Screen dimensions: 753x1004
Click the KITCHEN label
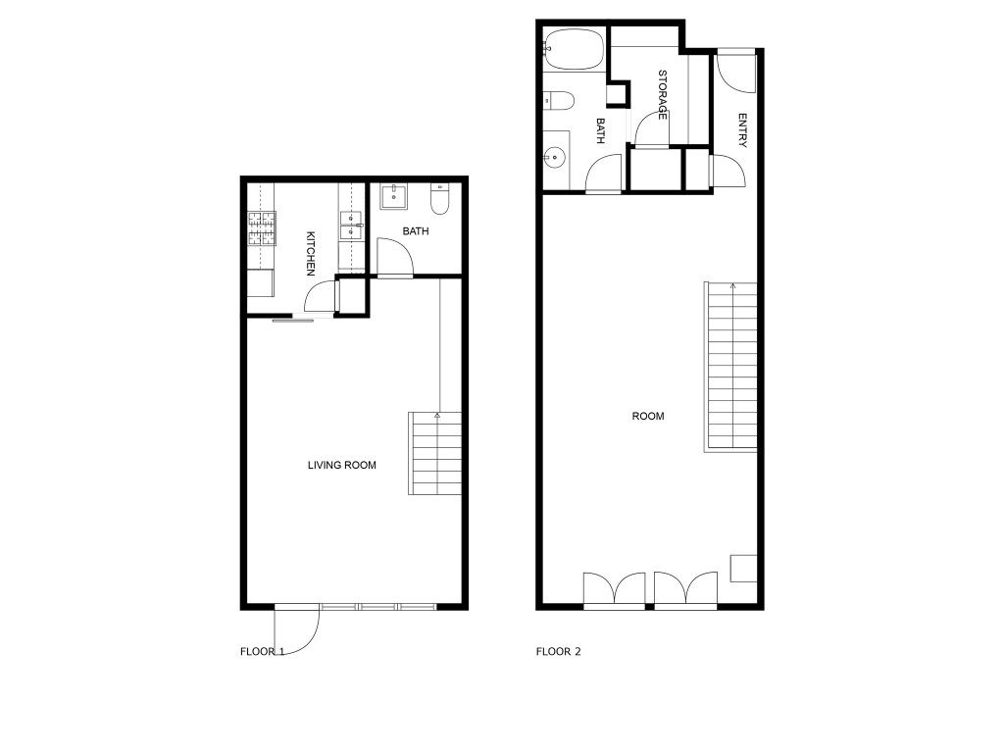pyautogui.click(x=311, y=252)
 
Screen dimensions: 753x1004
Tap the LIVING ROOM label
pyautogui.click(x=342, y=466)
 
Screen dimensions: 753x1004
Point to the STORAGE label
pyautogui.click(x=663, y=94)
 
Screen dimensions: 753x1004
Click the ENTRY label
pyautogui.click(x=742, y=131)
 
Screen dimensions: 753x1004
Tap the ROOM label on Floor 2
pyautogui.click(x=648, y=416)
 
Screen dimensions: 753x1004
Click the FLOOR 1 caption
pyautogui.click(x=262, y=651)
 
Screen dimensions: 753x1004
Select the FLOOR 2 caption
pyautogui.click(x=558, y=651)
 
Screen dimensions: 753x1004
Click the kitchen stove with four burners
pyautogui.click(x=261, y=228)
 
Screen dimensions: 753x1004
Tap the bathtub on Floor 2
pyautogui.click(x=574, y=50)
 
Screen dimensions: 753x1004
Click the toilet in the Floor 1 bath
pyautogui.click(x=439, y=199)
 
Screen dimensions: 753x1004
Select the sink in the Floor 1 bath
pyautogui.click(x=395, y=195)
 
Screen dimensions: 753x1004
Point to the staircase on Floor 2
pyautogui.click(x=730, y=366)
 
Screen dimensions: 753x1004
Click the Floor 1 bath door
pyautogui.click(x=394, y=260)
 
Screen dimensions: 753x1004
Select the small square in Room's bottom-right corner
pyautogui.click(x=743, y=568)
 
